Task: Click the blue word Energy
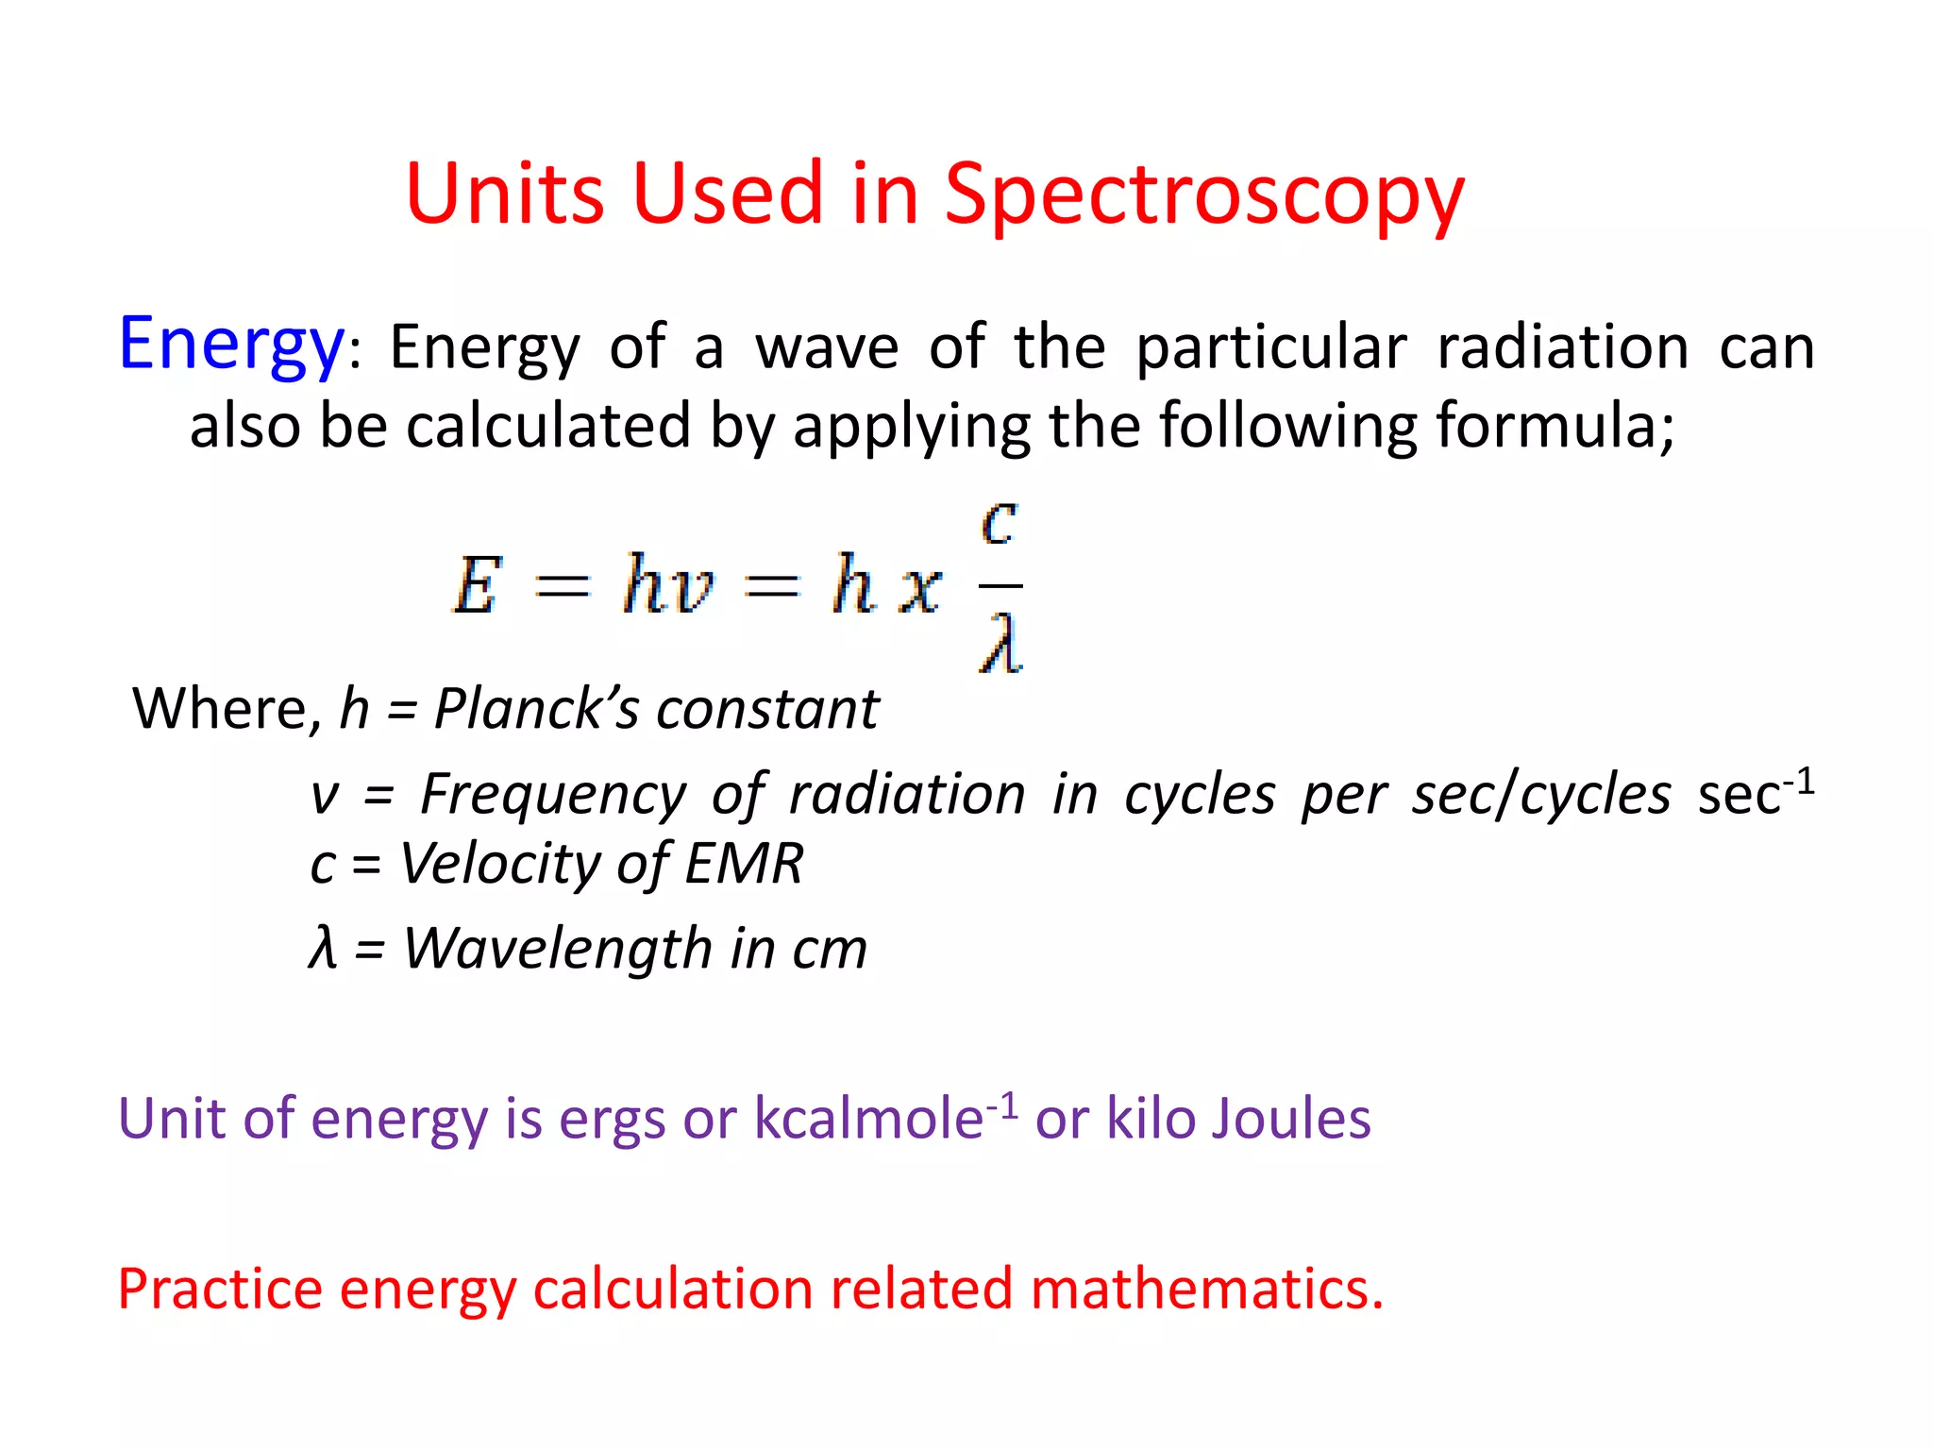point(231,346)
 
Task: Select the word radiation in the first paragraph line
point(1562,346)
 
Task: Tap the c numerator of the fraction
point(1000,521)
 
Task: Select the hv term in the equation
point(667,585)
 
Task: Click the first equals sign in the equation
point(563,587)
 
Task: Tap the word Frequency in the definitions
point(552,794)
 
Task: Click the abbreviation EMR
point(744,863)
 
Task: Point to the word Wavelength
point(557,948)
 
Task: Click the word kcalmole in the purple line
point(868,1120)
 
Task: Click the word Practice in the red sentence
point(220,1290)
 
